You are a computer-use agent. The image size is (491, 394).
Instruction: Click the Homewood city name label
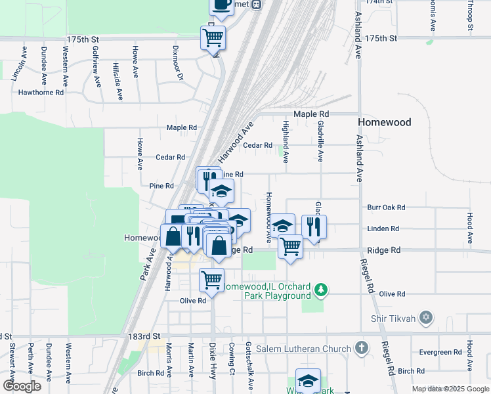pos(384,123)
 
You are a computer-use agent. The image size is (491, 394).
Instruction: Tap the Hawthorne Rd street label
pos(41,93)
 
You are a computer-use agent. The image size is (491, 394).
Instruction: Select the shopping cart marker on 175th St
pos(213,37)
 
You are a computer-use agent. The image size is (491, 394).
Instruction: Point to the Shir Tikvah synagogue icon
pos(426,318)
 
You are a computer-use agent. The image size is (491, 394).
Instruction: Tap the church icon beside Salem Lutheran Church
pos(361,348)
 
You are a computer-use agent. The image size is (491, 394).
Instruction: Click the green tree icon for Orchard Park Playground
pos(321,289)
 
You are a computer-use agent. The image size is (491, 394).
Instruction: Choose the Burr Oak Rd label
pos(387,207)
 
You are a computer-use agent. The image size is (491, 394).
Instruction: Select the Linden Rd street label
pos(384,229)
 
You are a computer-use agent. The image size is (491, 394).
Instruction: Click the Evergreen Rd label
pos(441,353)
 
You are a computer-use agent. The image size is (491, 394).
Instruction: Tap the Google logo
pos(22,386)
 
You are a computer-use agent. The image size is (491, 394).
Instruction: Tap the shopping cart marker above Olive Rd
pos(211,279)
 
